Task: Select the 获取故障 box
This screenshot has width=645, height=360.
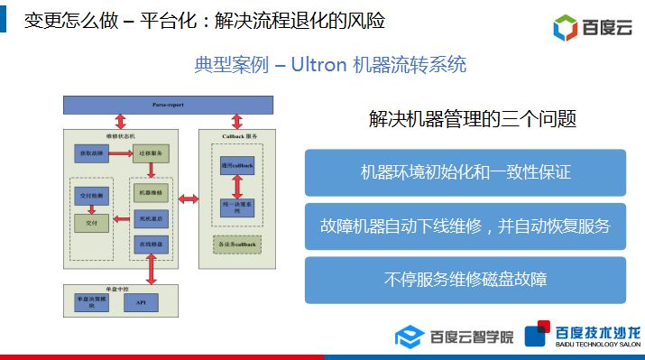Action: coord(91,153)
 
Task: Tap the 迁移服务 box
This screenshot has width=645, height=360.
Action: coord(151,153)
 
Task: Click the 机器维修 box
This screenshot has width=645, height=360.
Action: coord(150,193)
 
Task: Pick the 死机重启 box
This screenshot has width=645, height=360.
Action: coord(150,219)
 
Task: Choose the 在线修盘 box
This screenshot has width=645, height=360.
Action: coord(150,245)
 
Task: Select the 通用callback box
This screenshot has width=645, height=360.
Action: coord(237,168)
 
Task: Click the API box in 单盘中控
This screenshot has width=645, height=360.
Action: coord(142,302)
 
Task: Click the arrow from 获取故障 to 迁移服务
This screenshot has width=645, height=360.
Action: coord(121,153)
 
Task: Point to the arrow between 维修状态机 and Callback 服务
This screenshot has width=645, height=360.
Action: coord(189,197)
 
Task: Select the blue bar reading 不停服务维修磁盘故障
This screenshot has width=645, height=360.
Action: coord(465,280)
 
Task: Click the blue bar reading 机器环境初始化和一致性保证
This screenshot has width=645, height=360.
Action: coord(465,171)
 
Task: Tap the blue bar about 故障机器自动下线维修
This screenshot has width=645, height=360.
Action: coord(465,226)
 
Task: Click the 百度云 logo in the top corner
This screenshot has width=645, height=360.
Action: coord(592,27)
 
